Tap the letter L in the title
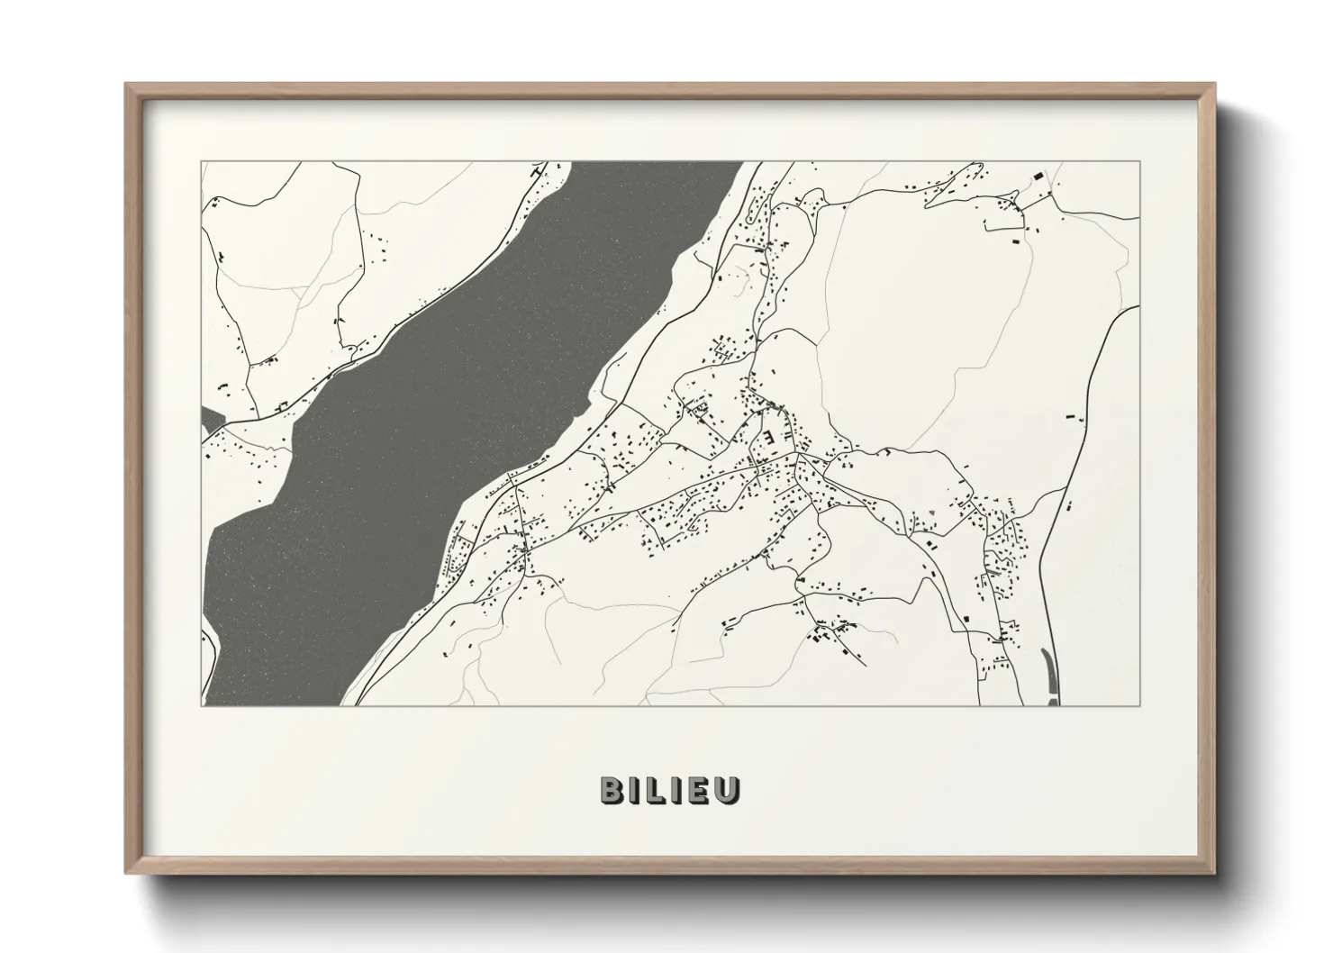pyautogui.click(x=656, y=790)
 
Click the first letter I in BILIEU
pyautogui.click(x=637, y=790)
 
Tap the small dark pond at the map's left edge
pyautogui.click(x=211, y=420)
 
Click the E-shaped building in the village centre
pyautogui.click(x=768, y=438)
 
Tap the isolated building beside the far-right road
pyautogui.click(x=1071, y=417)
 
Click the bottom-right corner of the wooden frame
pyautogui.click(x=1215, y=873)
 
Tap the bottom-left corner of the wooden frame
pyautogui.click(x=126, y=873)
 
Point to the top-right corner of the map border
pyautogui.click(x=1140, y=162)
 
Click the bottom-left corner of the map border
pyautogui.click(x=202, y=705)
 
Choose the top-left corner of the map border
pyautogui.click(x=202, y=162)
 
